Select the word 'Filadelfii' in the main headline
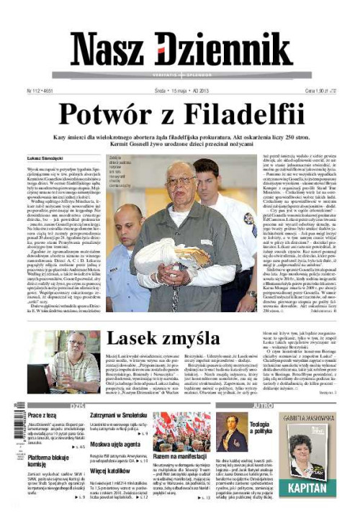click(x=241, y=114)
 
